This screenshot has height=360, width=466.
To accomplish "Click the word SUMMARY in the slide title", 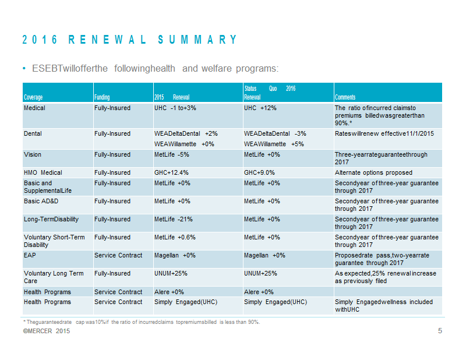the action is point(197,40).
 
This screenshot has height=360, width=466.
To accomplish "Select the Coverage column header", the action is point(33,97).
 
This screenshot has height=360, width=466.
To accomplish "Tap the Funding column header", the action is point(102,97).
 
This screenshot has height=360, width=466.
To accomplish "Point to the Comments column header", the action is point(345,97).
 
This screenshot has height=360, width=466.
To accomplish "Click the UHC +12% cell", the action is point(260,108).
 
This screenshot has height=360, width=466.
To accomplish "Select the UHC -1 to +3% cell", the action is point(175,108).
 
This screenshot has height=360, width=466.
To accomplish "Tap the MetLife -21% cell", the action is point(173,220).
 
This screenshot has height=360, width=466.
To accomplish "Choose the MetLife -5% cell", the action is point(171,154).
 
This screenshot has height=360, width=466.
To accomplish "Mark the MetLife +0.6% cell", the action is point(175,237).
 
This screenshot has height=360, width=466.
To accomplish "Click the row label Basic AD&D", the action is point(41,201).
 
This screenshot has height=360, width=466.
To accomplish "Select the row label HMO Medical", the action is point(43,172).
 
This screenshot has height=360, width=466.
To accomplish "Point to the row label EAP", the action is point(30,255).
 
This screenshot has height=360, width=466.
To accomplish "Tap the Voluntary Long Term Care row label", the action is point(54,277).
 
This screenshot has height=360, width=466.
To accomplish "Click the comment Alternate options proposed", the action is point(373,172).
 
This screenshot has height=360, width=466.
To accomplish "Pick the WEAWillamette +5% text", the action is point(274,144).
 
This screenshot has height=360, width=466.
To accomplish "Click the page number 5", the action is point(440,331).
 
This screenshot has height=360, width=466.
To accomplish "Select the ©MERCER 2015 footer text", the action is point(47,331).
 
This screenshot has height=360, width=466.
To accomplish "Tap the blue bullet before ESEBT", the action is point(24,69).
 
